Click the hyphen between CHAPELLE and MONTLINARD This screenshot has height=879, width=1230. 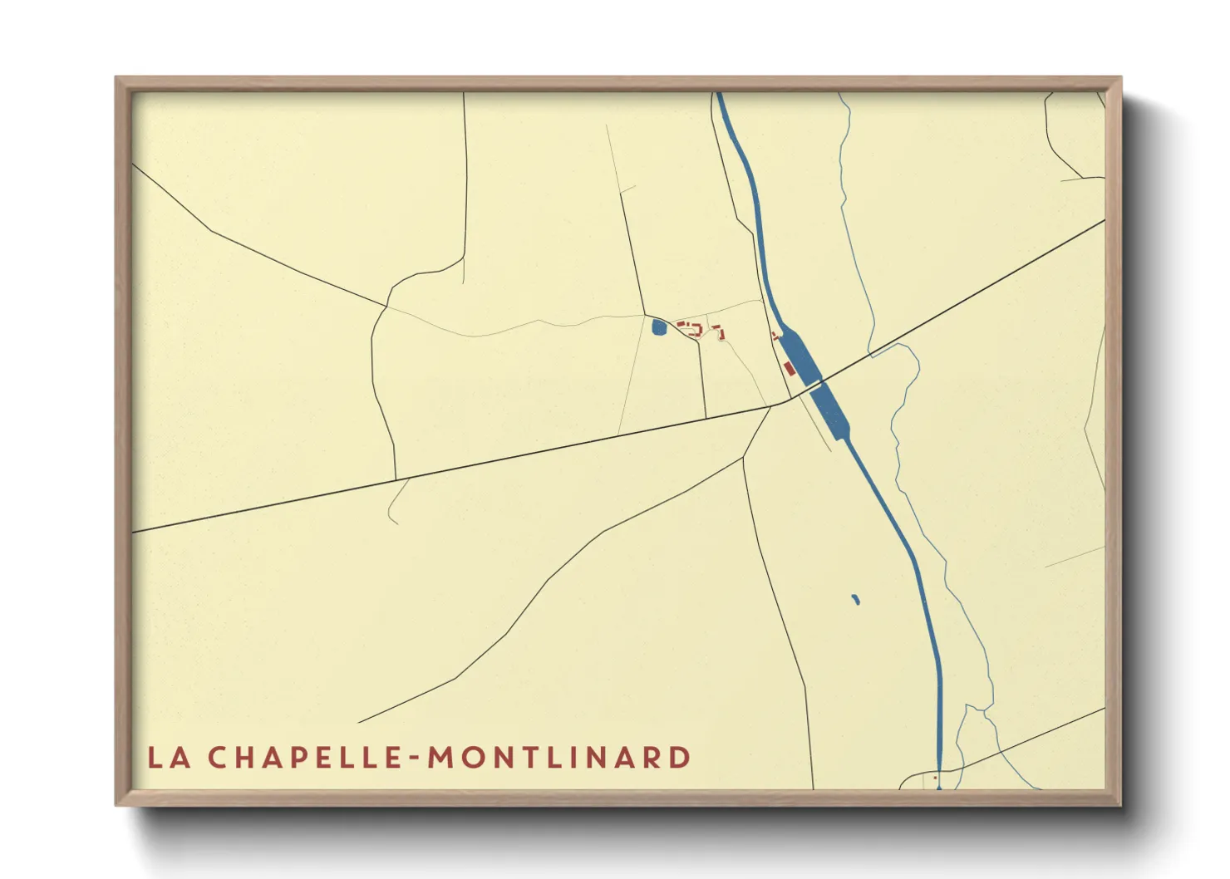pos(415,759)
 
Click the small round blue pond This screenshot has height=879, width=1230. pos(659,328)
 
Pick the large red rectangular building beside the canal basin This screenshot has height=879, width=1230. pos(789,367)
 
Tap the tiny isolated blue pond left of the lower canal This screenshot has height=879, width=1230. pos(856,599)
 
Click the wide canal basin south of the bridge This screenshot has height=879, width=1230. pos(830,413)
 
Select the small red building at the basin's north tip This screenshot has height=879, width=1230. pos(776,336)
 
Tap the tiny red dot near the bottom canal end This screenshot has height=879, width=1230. pos(936,778)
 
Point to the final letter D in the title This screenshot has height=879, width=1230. pos(681,758)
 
